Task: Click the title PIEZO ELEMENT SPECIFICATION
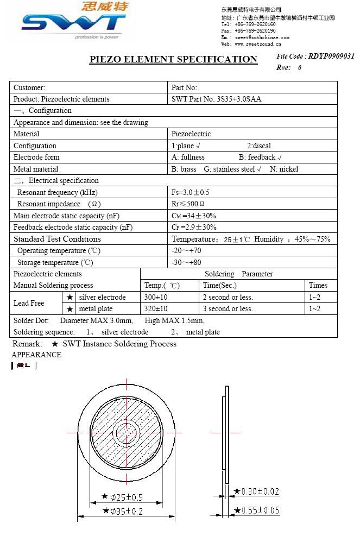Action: [173, 59]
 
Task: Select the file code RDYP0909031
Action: [331, 56]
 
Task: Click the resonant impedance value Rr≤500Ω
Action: [188, 204]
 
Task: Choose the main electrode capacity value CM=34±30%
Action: [194, 216]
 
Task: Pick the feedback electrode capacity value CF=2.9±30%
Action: [194, 227]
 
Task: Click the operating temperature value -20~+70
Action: [186, 250]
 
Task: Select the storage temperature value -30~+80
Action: [186, 262]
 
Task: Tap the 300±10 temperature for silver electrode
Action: [156, 297]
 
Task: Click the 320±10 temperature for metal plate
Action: [156, 308]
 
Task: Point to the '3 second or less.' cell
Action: [228, 308]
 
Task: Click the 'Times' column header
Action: [318, 285]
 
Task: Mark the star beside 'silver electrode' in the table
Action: [70, 297]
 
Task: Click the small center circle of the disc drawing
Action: [127, 432]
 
